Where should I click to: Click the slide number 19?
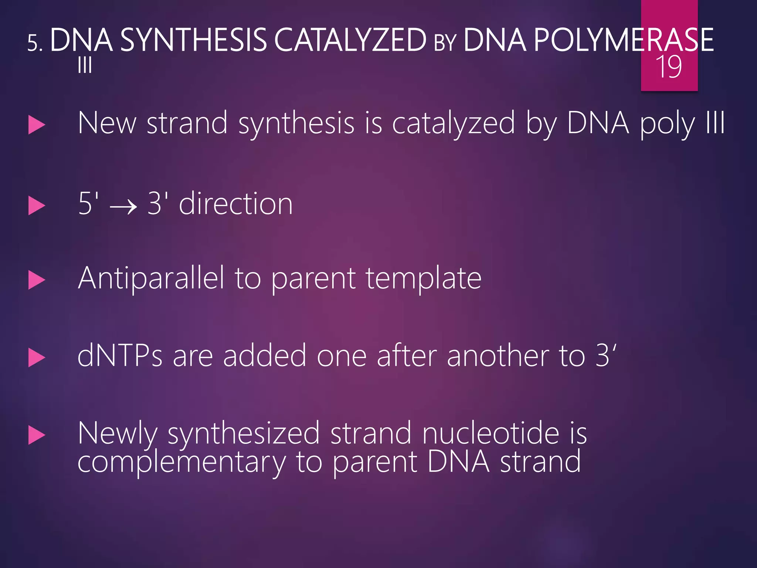[x=669, y=67]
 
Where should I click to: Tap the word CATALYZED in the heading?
[x=350, y=40]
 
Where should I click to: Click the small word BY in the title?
[x=445, y=43]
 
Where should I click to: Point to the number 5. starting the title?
[x=35, y=44]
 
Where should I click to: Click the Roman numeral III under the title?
[x=85, y=66]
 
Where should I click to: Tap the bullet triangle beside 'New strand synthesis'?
[x=37, y=125]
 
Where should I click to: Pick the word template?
[x=424, y=278]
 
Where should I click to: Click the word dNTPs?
[x=120, y=356]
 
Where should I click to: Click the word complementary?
[x=181, y=462]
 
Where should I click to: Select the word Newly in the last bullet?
[x=118, y=433]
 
